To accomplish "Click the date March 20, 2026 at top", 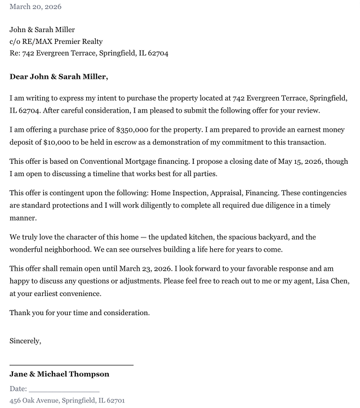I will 35,7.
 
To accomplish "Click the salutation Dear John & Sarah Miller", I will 59,77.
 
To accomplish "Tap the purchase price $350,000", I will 135,129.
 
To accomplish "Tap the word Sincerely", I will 25,340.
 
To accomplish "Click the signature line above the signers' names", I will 72,365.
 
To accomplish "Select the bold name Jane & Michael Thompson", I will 59,374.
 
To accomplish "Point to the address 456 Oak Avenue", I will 33,401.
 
